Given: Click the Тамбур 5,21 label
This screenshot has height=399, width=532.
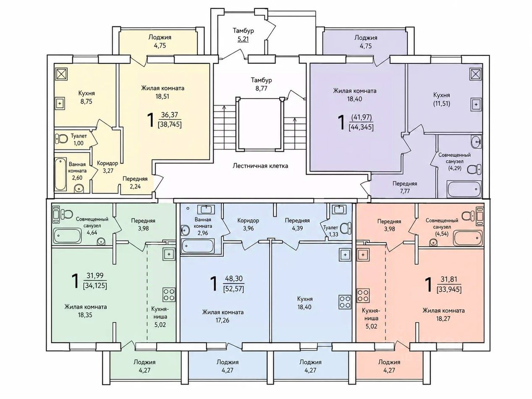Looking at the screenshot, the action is (x=244, y=35).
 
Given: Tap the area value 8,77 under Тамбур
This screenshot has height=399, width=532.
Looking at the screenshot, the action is (x=261, y=89).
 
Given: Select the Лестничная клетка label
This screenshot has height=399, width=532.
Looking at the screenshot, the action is (x=260, y=166).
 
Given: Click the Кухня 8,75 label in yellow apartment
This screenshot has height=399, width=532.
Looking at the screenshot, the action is (x=86, y=97).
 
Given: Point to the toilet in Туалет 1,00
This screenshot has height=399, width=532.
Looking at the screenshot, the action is (x=61, y=139).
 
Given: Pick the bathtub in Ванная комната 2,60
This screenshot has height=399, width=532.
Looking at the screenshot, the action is (x=60, y=174).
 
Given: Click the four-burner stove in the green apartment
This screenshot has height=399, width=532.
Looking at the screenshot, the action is (x=169, y=295).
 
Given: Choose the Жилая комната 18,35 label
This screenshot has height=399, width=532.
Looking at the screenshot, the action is (x=85, y=311).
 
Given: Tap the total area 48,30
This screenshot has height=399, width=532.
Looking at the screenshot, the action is (x=233, y=279).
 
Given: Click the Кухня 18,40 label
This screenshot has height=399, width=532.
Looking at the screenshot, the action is (x=305, y=303).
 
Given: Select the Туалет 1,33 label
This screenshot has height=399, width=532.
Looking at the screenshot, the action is (x=330, y=231).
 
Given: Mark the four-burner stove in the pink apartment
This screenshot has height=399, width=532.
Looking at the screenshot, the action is (x=363, y=296).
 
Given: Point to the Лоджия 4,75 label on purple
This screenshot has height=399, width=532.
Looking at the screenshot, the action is (x=366, y=42).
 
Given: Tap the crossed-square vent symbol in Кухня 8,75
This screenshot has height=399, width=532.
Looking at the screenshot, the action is (x=62, y=74).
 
